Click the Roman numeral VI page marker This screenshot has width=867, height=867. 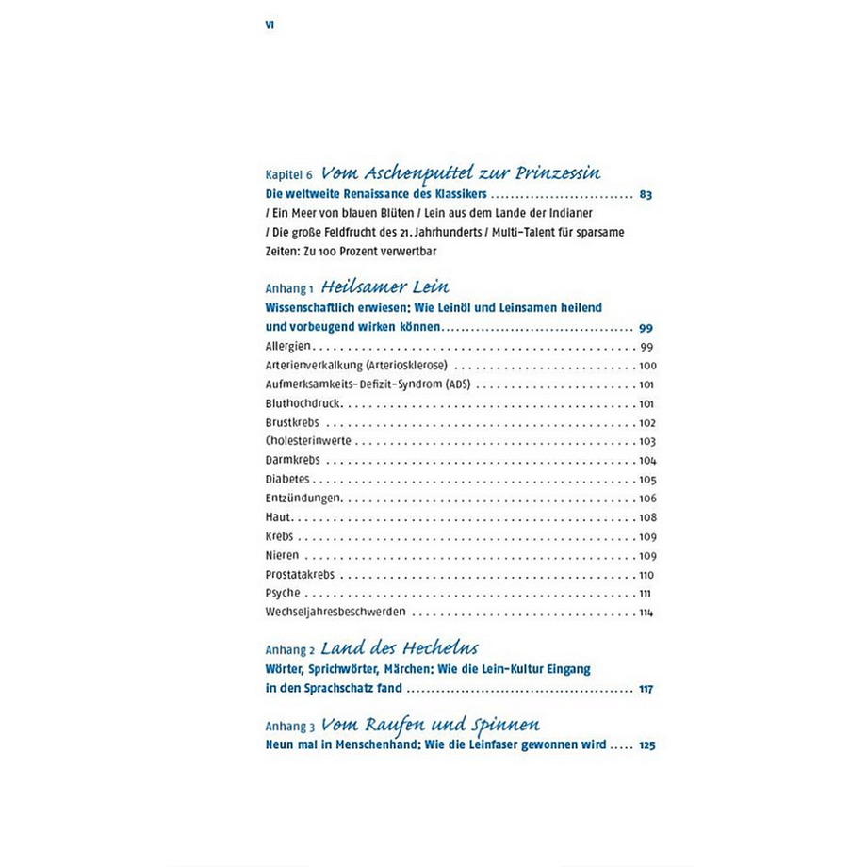[x=270, y=25]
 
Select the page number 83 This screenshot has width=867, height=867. [x=646, y=195]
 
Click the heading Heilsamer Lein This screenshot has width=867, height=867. [x=384, y=286]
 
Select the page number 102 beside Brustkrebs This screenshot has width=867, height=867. [x=646, y=422]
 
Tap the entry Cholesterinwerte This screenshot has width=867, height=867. [x=308, y=441]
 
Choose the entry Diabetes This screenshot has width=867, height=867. [x=287, y=479]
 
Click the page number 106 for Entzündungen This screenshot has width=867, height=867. [x=646, y=498]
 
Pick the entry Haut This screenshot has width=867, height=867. [x=279, y=516]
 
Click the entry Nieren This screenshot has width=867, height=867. [x=283, y=554]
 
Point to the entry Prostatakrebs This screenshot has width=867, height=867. [x=300, y=574]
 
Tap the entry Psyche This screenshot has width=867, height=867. [x=283, y=593]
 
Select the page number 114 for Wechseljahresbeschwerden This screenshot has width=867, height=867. [x=646, y=612]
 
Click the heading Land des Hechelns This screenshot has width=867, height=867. [x=399, y=648]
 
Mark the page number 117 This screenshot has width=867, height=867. [x=646, y=689]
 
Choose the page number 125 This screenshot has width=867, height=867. [x=646, y=744]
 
